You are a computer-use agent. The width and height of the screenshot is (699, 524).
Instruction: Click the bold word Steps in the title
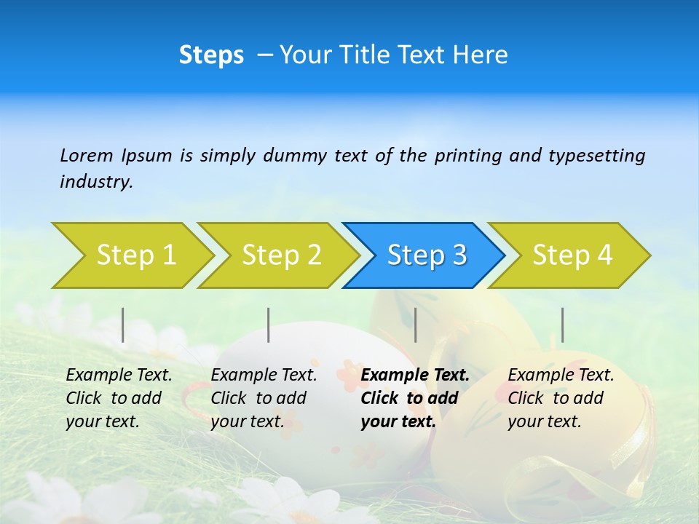211,55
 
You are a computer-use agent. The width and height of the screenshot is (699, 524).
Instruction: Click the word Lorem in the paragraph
87,155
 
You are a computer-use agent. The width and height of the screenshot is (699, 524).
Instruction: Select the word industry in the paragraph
95,182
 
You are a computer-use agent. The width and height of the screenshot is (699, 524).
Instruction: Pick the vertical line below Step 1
122,325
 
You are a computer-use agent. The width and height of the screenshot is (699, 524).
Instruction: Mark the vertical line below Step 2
269,325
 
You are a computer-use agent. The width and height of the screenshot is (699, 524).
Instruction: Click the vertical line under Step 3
415,325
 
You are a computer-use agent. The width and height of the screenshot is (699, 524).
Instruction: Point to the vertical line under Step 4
562,325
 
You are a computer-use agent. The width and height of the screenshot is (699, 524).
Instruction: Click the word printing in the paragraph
461,155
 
